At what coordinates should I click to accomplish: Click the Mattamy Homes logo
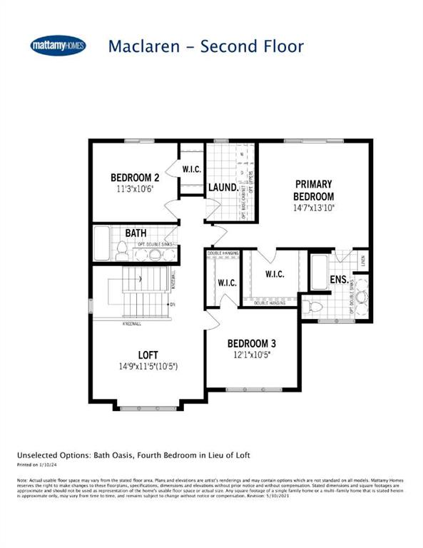(x=58, y=46)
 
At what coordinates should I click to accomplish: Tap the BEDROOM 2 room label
(x=134, y=178)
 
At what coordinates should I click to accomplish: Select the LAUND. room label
(x=223, y=188)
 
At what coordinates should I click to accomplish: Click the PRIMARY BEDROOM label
(x=314, y=191)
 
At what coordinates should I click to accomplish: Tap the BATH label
(x=136, y=233)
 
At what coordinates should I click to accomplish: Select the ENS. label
(x=339, y=279)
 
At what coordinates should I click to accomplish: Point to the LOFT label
(x=148, y=355)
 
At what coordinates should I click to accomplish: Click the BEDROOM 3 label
(x=251, y=342)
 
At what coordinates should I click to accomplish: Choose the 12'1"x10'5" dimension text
(x=251, y=354)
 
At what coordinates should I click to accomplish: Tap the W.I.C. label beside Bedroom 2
(x=190, y=169)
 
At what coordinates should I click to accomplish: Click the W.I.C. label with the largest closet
(x=275, y=274)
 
